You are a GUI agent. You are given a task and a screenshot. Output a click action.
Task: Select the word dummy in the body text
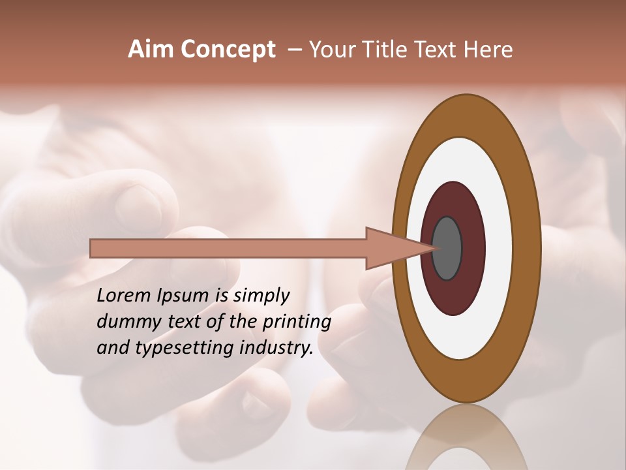point(126,322)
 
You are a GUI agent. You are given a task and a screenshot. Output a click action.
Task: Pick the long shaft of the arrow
point(228,248)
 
